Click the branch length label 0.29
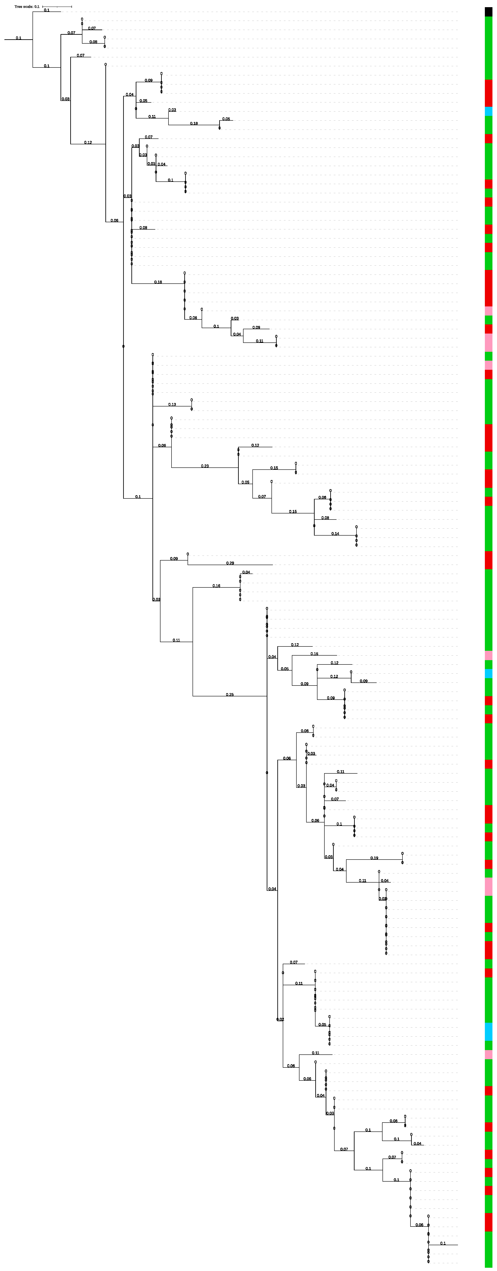230,563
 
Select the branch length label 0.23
205,466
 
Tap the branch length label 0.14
335,533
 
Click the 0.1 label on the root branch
18,38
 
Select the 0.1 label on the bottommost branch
443,1243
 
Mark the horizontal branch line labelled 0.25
230,696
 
